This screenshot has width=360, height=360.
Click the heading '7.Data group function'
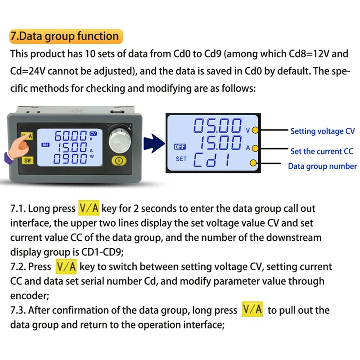(x=64, y=36)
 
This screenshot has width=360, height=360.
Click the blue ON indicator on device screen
(x=45, y=145)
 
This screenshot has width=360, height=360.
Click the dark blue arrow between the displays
(x=153, y=143)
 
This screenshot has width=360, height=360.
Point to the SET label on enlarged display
(x=181, y=159)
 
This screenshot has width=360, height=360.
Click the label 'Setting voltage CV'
(x=322, y=131)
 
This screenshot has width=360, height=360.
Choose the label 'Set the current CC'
(x=322, y=151)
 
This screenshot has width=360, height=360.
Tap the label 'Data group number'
(x=322, y=166)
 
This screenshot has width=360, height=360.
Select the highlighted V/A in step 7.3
(x=252, y=310)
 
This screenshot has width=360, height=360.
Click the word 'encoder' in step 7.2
(x=30, y=296)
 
